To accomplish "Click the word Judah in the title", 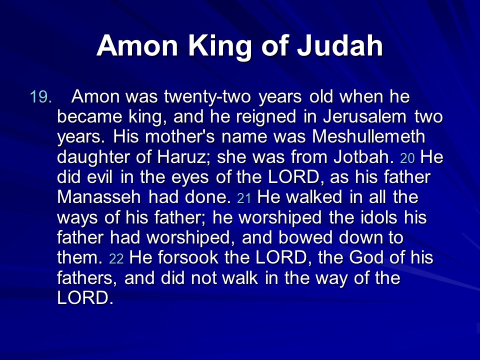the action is coord(340,45).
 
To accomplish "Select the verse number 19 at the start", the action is coord(40,97).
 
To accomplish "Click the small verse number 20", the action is coord(407,158).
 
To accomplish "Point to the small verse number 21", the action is coord(244,198).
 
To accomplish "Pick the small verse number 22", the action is coord(116,258).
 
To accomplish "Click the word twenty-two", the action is coord(207,97).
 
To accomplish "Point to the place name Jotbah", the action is coord(363,157).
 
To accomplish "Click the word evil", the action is coord(100,177).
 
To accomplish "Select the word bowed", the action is coord(305,237).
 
